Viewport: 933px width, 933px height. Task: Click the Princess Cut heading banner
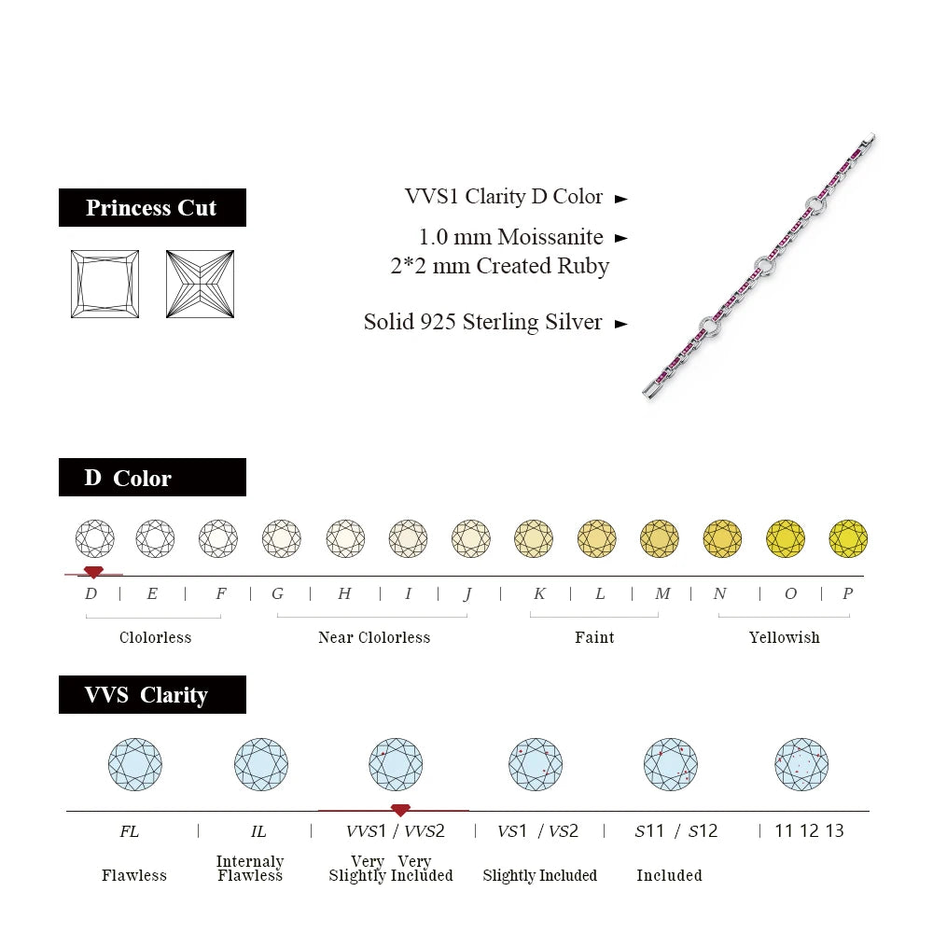point(152,207)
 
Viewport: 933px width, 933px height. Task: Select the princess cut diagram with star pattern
point(200,284)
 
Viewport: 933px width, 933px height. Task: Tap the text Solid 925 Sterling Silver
point(482,322)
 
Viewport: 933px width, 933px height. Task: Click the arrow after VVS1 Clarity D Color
point(621,198)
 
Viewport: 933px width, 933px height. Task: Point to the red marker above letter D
point(93,571)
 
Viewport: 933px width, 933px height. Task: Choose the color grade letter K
point(539,593)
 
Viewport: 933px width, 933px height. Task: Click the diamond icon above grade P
point(848,538)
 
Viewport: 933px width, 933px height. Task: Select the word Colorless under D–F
point(155,637)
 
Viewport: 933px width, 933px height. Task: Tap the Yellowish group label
point(784,637)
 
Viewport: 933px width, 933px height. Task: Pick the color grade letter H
point(344,593)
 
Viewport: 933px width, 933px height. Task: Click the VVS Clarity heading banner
point(152,695)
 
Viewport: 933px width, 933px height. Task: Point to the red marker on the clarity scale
point(400,810)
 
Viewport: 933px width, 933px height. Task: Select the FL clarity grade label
point(130,830)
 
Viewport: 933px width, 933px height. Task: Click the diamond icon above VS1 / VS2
point(536,764)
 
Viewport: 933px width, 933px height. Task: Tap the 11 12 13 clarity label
point(809,830)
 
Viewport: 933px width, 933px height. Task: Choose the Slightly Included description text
point(539,875)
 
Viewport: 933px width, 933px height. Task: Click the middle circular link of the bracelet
point(765,267)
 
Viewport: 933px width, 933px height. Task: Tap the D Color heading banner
point(152,478)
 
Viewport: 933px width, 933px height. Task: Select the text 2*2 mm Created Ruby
point(499,266)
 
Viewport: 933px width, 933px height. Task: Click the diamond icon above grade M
point(660,538)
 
